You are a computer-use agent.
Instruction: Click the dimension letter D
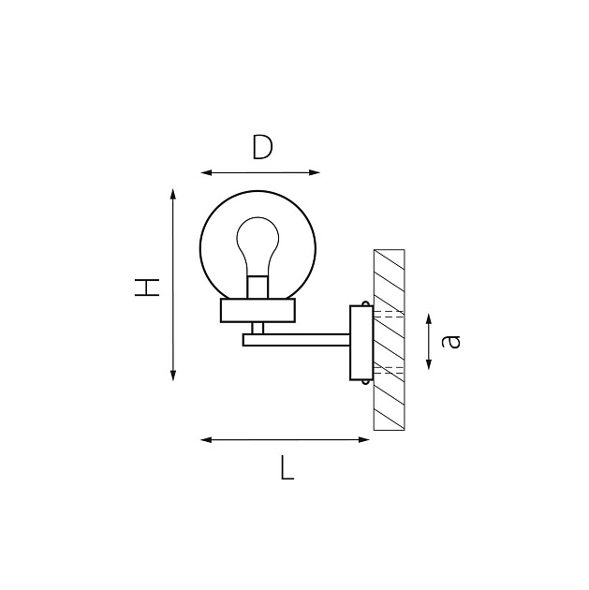pyautogui.click(x=262, y=147)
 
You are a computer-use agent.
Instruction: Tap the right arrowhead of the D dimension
pyautogui.click(x=316, y=172)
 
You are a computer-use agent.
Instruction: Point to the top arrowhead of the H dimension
pyautogui.click(x=173, y=193)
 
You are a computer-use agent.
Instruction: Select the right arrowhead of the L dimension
pyautogui.click(x=369, y=439)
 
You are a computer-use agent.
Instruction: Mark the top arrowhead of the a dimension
pyautogui.click(x=428, y=319)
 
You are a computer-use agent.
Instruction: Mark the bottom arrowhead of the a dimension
pyautogui.click(x=428, y=364)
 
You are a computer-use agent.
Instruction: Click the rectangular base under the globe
pyautogui.click(x=258, y=310)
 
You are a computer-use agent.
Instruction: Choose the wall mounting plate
pyautogui.click(x=360, y=342)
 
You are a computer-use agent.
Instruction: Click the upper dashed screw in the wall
pyautogui.click(x=388, y=314)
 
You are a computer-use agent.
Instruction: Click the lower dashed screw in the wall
pyautogui.click(x=388, y=371)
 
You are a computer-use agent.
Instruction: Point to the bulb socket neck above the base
pyautogui.click(x=258, y=288)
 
